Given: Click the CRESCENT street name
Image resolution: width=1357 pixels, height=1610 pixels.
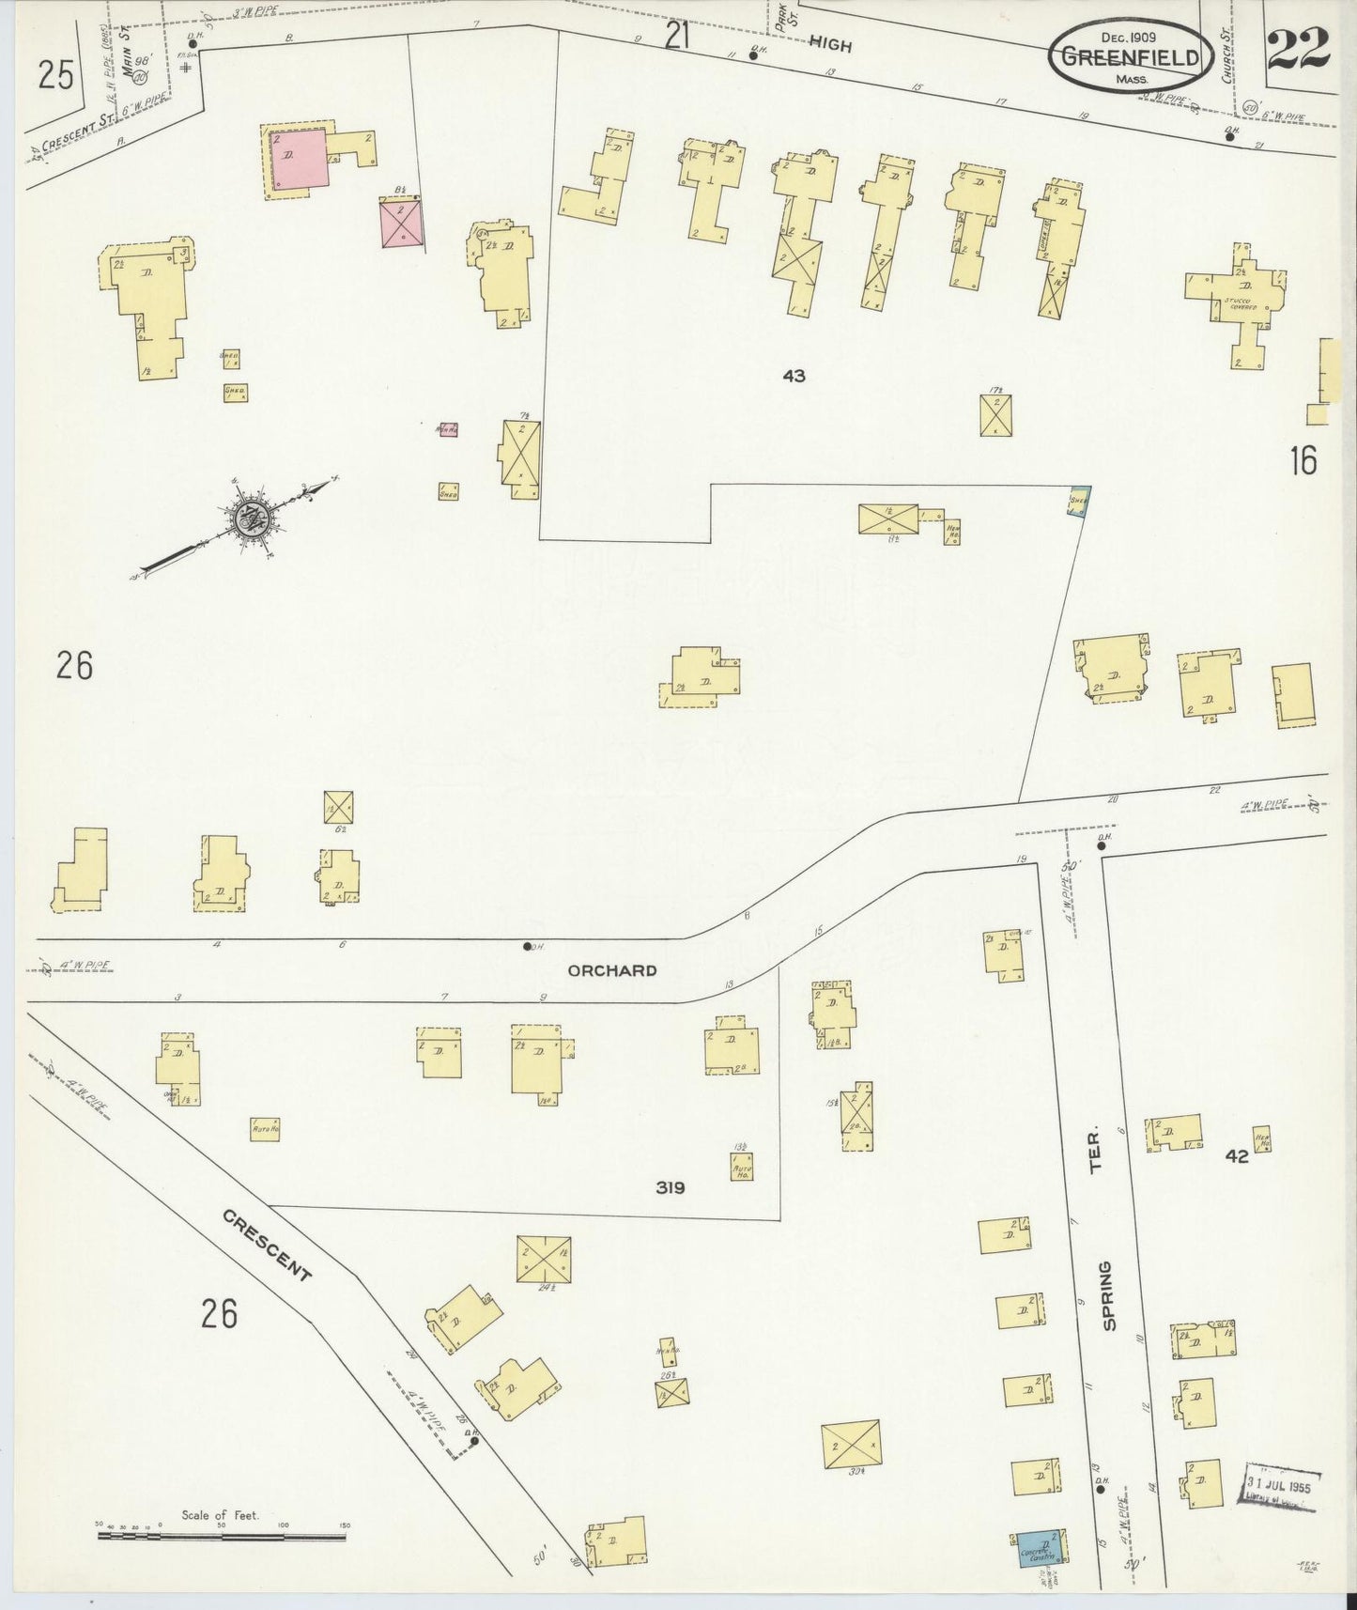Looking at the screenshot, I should pyautogui.click(x=267, y=1245).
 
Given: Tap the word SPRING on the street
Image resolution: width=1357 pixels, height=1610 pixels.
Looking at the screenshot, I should pyautogui.click(x=1109, y=1296).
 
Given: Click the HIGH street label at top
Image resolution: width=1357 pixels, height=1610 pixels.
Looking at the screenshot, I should pyautogui.click(x=830, y=44).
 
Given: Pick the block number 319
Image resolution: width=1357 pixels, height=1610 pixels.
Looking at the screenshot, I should pyautogui.click(x=671, y=1187).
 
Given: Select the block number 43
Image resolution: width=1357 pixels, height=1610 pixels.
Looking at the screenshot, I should pyautogui.click(x=794, y=376).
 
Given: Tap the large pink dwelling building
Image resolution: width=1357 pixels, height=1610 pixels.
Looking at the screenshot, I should pyautogui.click(x=299, y=161).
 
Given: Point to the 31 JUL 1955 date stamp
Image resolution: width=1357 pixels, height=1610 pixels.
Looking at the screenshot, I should pyautogui.click(x=1283, y=1488).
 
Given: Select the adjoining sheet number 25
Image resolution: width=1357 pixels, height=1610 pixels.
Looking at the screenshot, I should pyautogui.click(x=56, y=74).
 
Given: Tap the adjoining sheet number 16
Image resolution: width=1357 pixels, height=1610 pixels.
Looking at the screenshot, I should pyautogui.click(x=1303, y=460).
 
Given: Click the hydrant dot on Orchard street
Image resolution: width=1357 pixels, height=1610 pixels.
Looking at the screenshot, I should pyautogui.click(x=527, y=946).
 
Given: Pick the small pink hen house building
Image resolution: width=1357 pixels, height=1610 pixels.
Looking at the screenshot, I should pyautogui.click(x=448, y=429).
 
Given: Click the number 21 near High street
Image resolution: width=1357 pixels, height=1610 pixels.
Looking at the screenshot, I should pyautogui.click(x=677, y=37).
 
